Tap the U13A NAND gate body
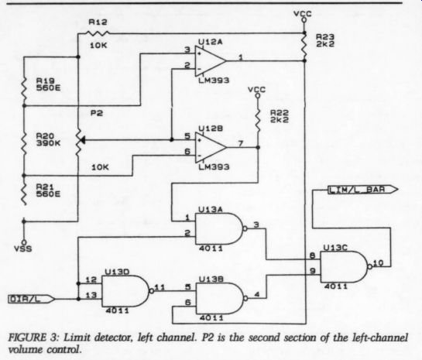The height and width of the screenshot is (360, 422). (x=219, y=228)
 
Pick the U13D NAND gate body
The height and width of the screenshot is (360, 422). (x=125, y=291)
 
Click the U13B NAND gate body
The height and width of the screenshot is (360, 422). (x=219, y=298)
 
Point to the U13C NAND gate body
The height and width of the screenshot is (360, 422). (x=344, y=266)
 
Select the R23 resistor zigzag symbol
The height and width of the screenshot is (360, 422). (x=304, y=46)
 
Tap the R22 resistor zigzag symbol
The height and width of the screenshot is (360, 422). (x=258, y=120)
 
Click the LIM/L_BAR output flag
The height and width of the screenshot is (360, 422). (x=362, y=190)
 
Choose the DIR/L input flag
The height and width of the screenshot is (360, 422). (x=32, y=299)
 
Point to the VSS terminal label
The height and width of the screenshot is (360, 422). (x=23, y=249)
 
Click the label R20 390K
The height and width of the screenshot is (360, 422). (x=49, y=139)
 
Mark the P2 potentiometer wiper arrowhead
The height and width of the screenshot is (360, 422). (x=83, y=139)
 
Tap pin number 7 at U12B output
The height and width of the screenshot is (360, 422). (x=241, y=143)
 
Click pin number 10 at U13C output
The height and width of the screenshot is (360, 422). (x=379, y=262)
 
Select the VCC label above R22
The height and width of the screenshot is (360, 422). (x=257, y=90)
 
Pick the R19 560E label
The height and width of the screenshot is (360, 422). (x=49, y=84)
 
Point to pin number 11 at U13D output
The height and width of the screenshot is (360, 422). (x=160, y=287)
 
